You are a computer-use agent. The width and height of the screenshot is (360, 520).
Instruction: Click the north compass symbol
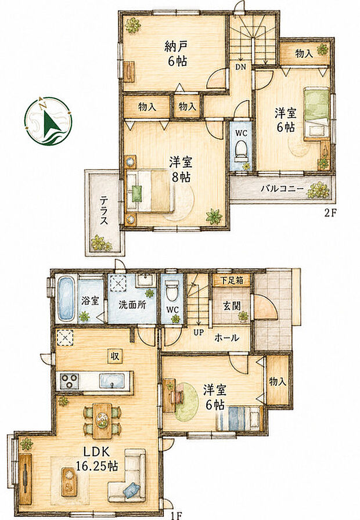coord(48,121)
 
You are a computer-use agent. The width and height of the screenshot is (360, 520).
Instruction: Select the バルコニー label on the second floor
coord(282,189)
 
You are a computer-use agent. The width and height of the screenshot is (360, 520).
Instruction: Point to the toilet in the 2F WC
coord(240,150)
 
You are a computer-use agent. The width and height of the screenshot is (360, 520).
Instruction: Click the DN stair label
coord(240,67)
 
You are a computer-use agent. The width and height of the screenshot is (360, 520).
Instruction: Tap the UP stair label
coord(199,332)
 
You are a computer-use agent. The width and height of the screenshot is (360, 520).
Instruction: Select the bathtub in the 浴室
coord(66,299)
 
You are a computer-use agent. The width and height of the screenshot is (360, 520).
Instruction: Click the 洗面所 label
coord(132,305)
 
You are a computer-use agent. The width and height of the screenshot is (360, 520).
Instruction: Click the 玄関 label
coord(232,305)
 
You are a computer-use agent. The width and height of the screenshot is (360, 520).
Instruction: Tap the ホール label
coord(226,338)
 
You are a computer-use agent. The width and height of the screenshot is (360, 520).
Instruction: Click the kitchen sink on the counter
coord(113,380)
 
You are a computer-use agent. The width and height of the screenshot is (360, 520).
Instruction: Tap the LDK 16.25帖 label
coord(96,459)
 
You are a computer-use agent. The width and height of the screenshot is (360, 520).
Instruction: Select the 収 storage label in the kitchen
coord(115,356)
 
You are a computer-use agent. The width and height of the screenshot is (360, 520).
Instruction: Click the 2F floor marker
coord(330,213)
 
